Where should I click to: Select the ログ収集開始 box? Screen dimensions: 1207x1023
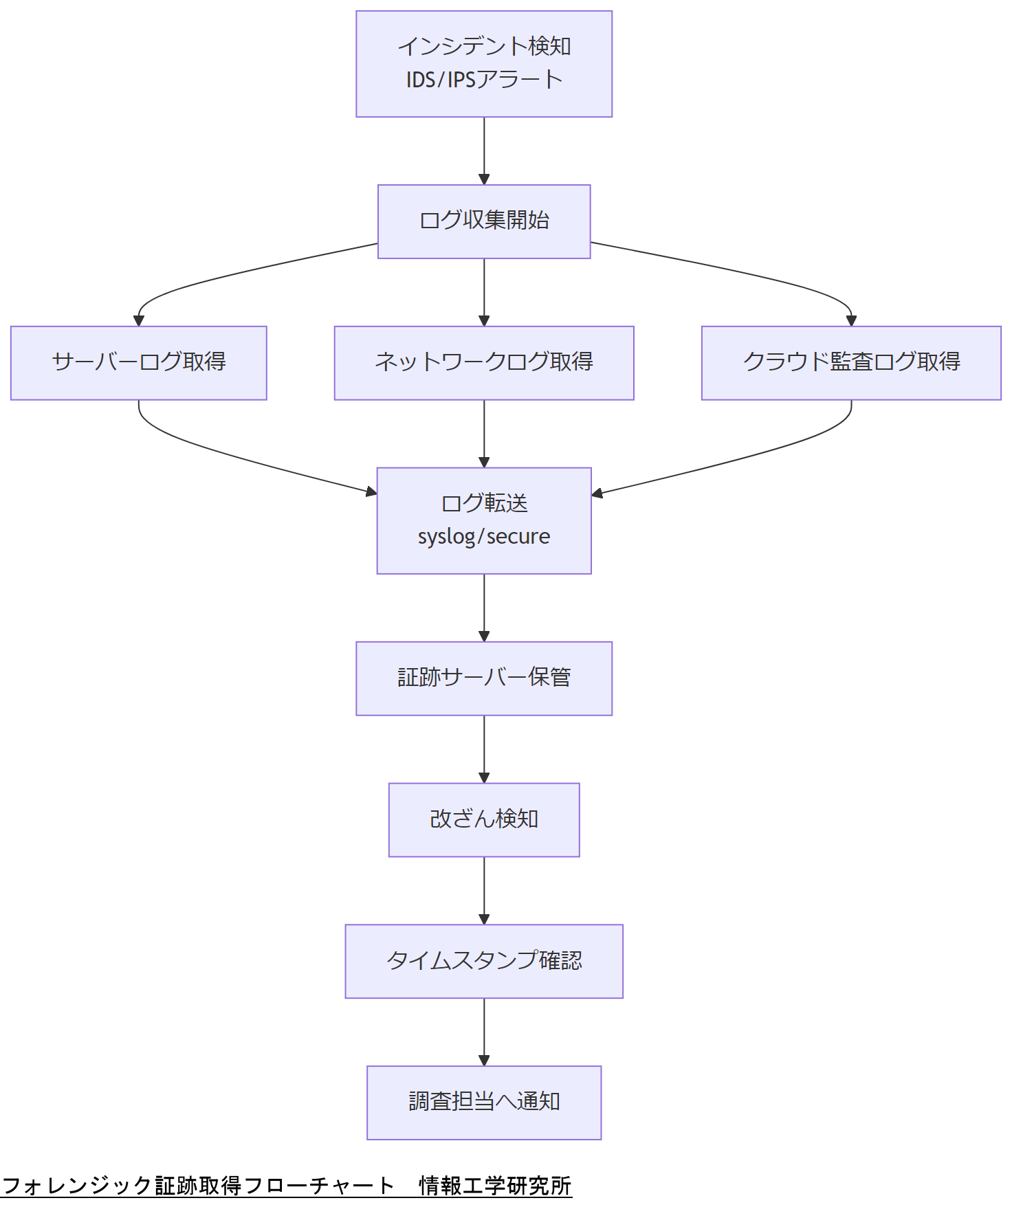pyautogui.click(x=484, y=221)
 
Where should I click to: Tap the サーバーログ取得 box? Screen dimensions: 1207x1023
pyautogui.click(x=139, y=363)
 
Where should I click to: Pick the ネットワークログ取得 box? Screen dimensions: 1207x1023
pyautogui.click(x=484, y=363)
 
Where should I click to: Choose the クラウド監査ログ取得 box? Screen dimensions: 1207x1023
pyautogui.click(x=851, y=363)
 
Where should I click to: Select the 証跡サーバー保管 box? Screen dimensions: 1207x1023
pyautogui.click(x=484, y=678)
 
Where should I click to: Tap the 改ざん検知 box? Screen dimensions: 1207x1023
pyautogui.click(x=484, y=820)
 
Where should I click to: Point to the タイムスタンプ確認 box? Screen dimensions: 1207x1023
pyautogui.click(x=484, y=961)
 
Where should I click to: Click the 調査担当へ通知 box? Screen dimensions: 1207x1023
pyautogui.click(x=484, y=1103)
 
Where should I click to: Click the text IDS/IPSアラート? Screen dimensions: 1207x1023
pyautogui.click(x=484, y=80)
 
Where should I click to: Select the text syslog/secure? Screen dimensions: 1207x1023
pyautogui.click(x=484, y=536)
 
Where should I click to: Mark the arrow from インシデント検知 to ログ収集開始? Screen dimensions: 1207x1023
pyautogui.click(x=484, y=151)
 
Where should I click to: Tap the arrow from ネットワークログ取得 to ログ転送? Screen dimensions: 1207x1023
pyautogui.click(x=484, y=433)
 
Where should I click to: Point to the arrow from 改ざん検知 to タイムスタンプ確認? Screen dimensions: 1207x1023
pyautogui.click(x=484, y=890)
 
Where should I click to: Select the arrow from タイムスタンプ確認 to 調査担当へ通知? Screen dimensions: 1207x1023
pyautogui.click(x=484, y=1031)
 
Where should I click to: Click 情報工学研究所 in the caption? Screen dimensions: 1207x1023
pyautogui.click(x=495, y=1186)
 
